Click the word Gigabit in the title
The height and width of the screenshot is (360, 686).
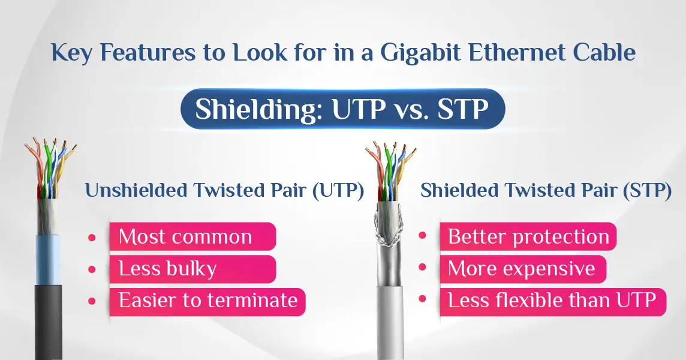coord(420,53)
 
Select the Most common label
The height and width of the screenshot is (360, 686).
coord(192,236)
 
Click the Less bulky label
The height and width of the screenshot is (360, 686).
coord(192,269)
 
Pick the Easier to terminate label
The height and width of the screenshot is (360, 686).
coord(207,301)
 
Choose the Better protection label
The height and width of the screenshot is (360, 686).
coord(528,236)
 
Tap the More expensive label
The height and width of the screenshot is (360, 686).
coord(523,269)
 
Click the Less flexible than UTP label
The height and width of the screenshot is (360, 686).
coord(552,301)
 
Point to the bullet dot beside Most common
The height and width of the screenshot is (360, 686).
coord(92,238)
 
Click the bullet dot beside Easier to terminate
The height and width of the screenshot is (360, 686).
coord(92,301)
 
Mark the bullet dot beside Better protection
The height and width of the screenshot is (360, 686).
coord(422,235)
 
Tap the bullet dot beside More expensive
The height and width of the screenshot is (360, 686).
coord(422,267)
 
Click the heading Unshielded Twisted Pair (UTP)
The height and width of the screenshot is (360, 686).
coord(224,191)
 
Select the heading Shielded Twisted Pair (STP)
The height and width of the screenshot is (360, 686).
coord(546,191)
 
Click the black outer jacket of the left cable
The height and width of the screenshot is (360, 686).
coord(48,322)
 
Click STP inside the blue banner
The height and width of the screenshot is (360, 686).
coord(463,109)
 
